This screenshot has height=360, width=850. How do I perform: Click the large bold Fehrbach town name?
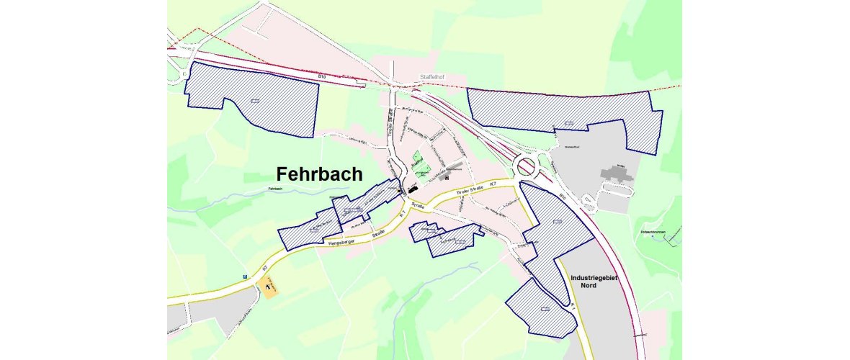tap(320, 175)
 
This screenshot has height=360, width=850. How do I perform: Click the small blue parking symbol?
tap(246, 276)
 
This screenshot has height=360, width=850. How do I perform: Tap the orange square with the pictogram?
tap(270, 287)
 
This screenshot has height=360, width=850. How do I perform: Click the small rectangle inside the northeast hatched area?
tap(568, 122)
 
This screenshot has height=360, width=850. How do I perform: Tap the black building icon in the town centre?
tap(413, 189)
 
